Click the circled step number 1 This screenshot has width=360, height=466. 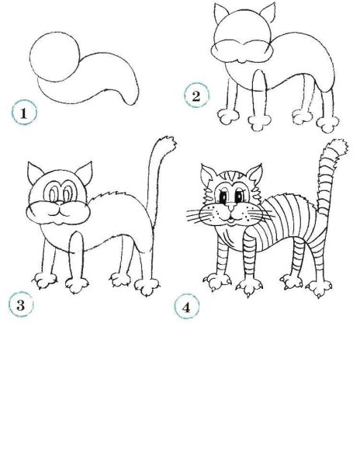(25, 113)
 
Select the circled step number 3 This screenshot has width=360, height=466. (23, 304)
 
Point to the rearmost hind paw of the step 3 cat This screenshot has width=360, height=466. (146, 287)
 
